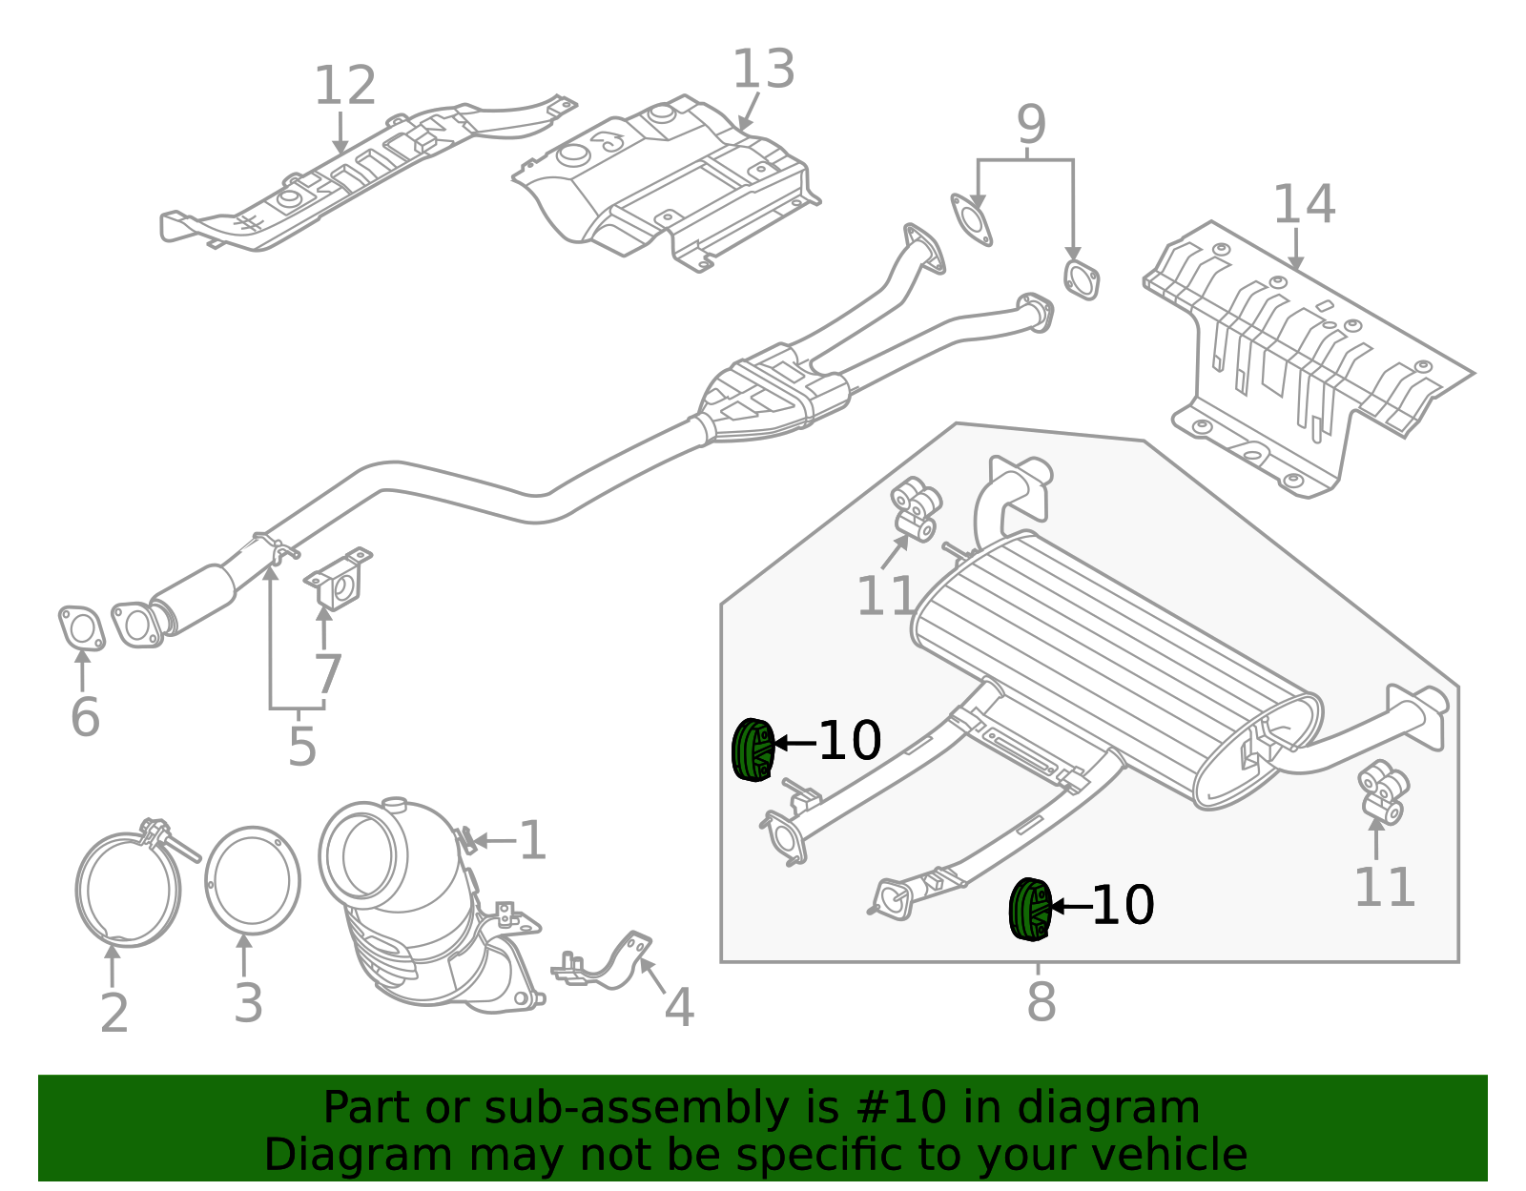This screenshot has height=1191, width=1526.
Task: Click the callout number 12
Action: [x=344, y=87]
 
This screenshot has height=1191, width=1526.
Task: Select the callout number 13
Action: [x=763, y=71]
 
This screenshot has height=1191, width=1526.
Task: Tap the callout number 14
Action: [x=1304, y=205]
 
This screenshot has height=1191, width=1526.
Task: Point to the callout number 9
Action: [x=1031, y=126]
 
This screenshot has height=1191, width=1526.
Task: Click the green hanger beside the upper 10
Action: [x=753, y=750]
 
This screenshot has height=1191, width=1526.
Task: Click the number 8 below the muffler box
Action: [x=1041, y=1002]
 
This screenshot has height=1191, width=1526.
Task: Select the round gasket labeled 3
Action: [x=253, y=881]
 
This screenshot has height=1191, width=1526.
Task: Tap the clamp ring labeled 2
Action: [x=128, y=889]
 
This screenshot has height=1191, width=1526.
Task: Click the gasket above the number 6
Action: [x=81, y=628]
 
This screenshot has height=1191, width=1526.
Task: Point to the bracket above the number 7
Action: [x=340, y=580]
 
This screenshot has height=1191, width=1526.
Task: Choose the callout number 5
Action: [x=301, y=747]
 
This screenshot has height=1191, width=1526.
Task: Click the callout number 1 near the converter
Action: [x=532, y=841]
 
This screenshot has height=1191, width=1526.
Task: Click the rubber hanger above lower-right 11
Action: [x=1383, y=791]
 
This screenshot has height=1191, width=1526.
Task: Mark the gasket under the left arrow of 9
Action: [x=971, y=219]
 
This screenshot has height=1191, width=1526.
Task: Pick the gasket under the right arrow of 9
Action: [x=1081, y=279]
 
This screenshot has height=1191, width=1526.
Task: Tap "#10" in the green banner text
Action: [x=902, y=1108]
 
